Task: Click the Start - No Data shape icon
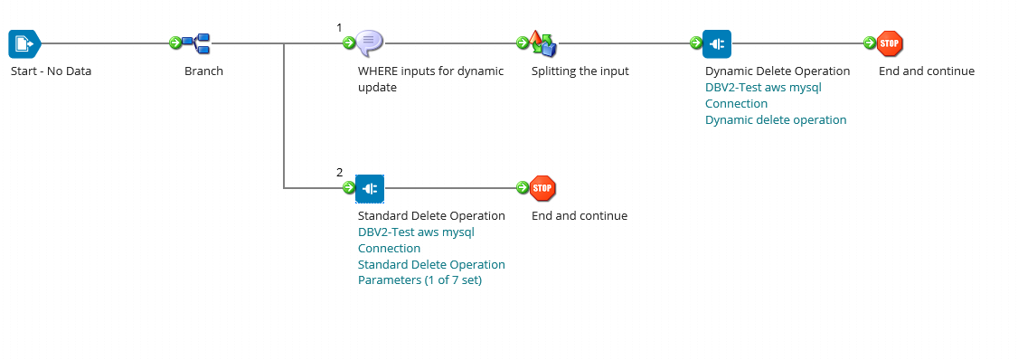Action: (x=24, y=43)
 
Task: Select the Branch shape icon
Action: (x=196, y=43)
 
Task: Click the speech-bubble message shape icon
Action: (x=370, y=43)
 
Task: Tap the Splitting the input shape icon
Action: (x=543, y=43)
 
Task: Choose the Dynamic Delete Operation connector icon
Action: (x=717, y=43)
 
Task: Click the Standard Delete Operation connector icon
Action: (x=370, y=188)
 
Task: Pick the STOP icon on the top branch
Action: (x=891, y=43)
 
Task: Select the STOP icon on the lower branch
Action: (x=542, y=188)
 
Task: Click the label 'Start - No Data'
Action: (x=51, y=71)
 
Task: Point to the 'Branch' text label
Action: (x=203, y=71)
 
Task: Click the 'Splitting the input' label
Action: (x=580, y=71)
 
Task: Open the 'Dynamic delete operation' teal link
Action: (x=776, y=120)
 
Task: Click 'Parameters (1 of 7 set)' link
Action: (x=419, y=281)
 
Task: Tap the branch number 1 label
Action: (x=339, y=27)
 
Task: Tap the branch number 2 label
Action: (x=339, y=172)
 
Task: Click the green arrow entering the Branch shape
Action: (x=174, y=43)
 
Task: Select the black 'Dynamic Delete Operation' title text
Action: (x=778, y=71)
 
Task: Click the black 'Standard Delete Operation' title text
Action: (x=431, y=216)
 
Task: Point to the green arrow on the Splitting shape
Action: (x=522, y=43)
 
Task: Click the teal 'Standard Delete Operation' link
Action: (x=431, y=265)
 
